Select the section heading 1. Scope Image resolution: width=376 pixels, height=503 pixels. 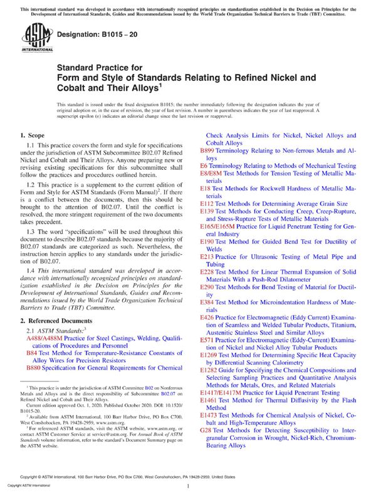(32, 136)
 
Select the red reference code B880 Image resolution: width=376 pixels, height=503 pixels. (35, 368)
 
